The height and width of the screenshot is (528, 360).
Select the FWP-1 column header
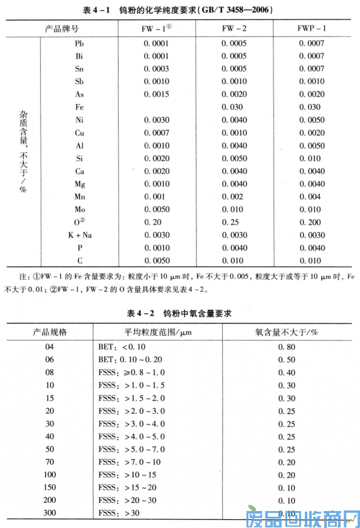[x=312, y=29]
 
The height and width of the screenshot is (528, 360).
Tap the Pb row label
[x=79, y=43]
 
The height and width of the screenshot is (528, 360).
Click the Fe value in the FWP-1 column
[x=312, y=107]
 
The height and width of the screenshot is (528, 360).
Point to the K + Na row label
[x=79, y=235]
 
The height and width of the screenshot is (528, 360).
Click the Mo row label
[x=79, y=209]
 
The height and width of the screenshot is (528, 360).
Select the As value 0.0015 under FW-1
[x=156, y=94]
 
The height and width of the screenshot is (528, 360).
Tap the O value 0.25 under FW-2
[x=232, y=222]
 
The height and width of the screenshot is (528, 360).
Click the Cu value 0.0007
[x=156, y=132]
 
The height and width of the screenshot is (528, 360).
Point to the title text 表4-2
[x=140, y=312]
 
